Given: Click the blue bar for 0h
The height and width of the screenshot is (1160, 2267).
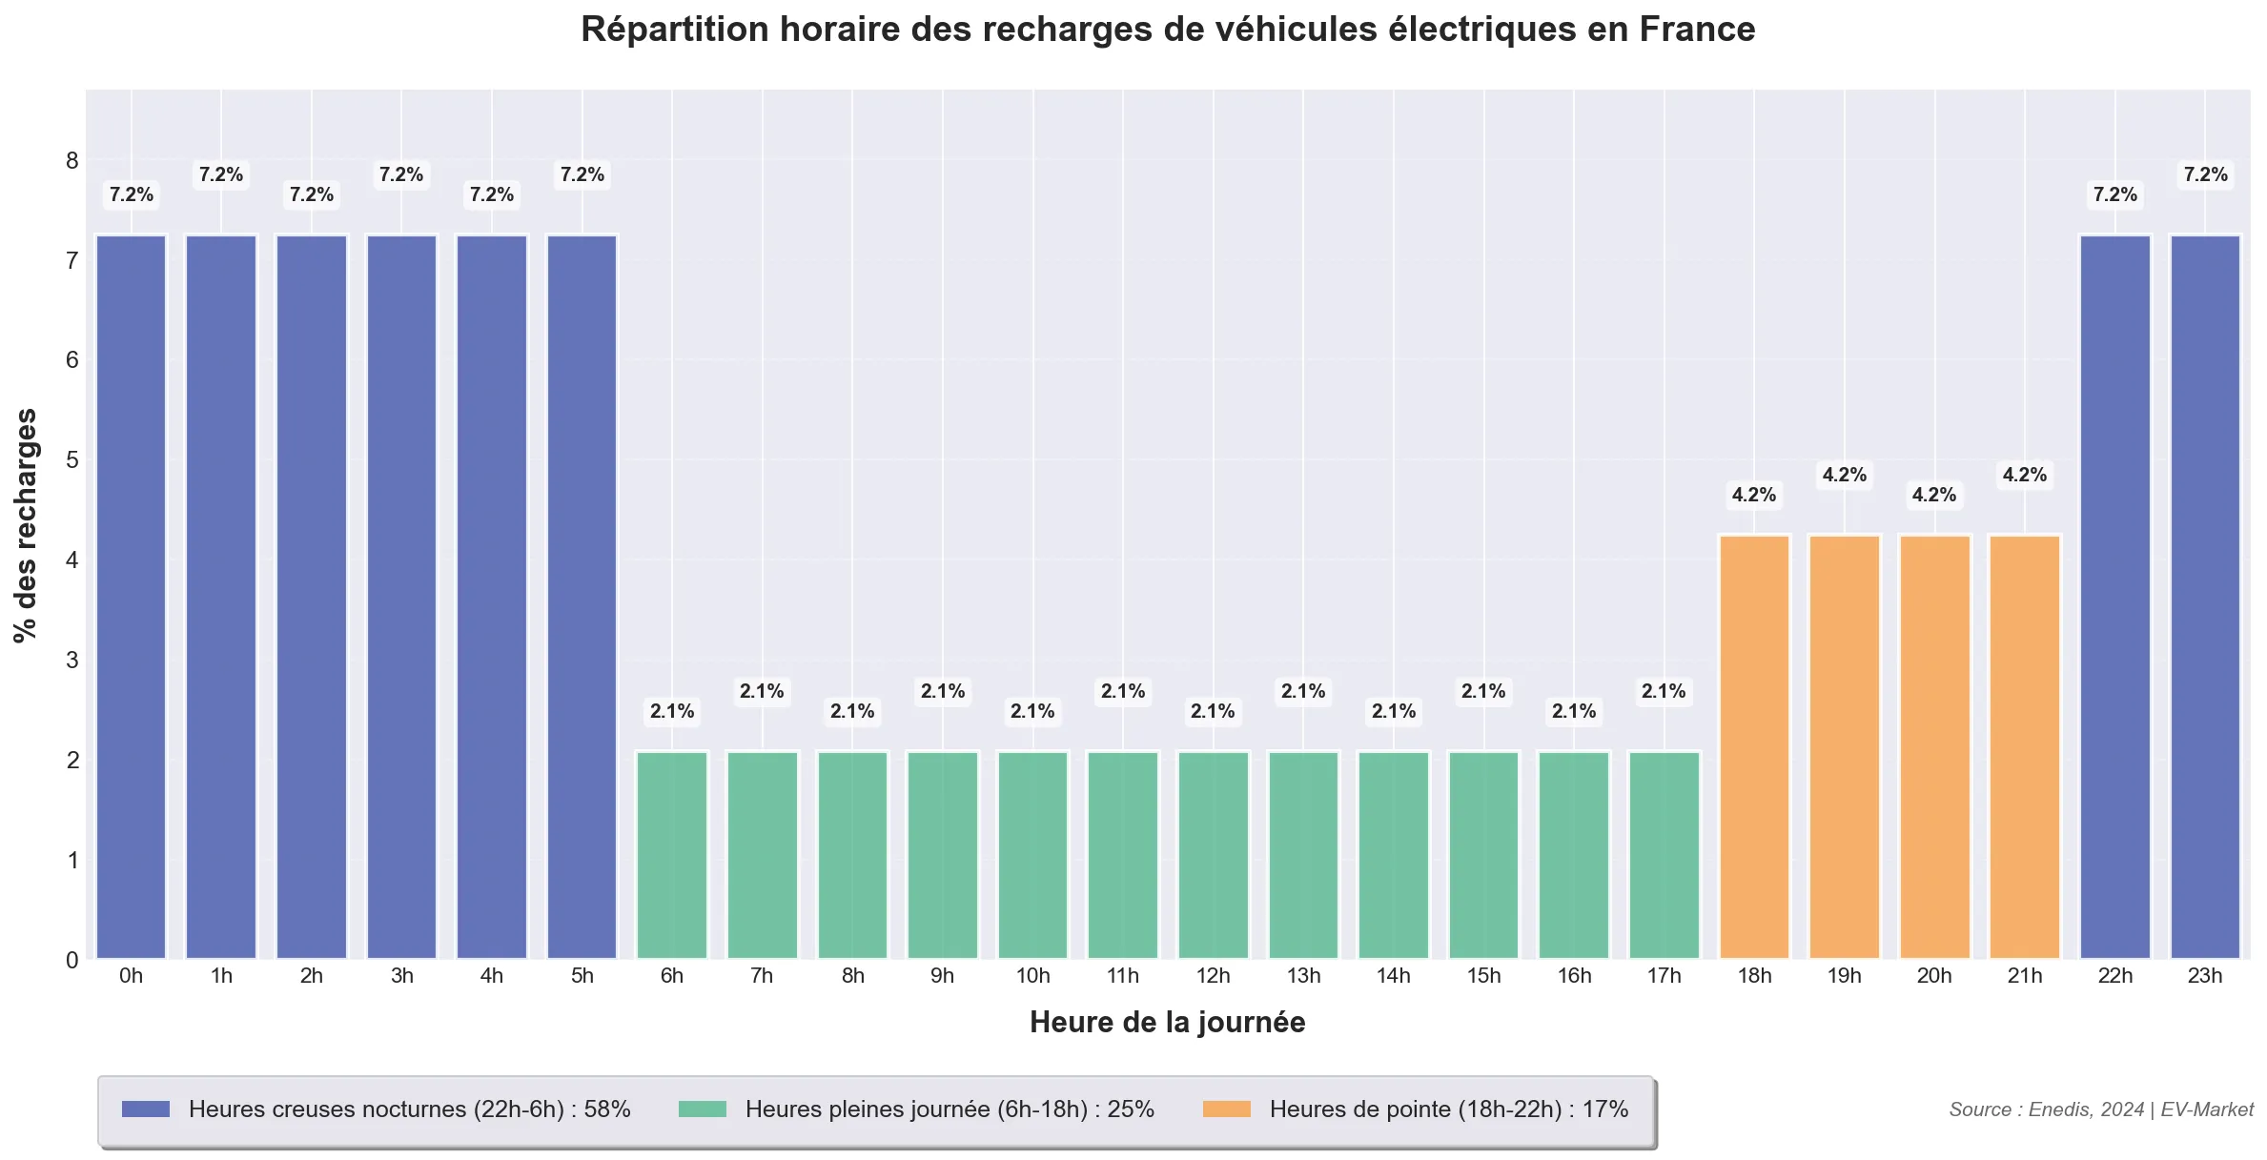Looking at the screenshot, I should click(x=131, y=597).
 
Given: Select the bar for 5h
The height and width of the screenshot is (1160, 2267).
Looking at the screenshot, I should click(x=582, y=597).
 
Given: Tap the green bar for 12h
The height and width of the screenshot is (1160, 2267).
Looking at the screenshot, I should click(x=1213, y=855).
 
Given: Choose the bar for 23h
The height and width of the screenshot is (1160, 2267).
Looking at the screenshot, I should click(x=2205, y=597).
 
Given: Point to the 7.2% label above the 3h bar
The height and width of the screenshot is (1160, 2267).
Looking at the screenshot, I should click(x=401, y=174).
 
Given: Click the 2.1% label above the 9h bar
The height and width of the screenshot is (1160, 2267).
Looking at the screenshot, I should click(x=943, y=691).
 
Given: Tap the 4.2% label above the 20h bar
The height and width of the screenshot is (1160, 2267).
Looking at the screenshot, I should click(x=1934, y=495).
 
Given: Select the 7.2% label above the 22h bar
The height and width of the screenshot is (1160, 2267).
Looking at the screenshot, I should click(x=2114, y=194).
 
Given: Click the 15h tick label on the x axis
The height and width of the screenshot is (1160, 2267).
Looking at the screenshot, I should click(x=1483, y=976).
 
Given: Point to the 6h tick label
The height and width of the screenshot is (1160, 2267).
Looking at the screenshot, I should click(x=672, y=976).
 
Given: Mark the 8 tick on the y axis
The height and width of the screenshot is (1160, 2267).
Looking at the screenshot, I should click(x=72, y=160).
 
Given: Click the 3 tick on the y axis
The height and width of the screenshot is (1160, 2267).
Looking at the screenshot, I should click(x=72, y=660).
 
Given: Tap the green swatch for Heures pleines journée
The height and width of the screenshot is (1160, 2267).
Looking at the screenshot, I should click(x=703, y=1109).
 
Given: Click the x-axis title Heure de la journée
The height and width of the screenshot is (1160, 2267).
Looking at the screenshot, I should click(x=1167, y=1023).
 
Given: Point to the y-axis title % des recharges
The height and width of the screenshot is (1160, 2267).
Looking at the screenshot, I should click(x=26, y=525).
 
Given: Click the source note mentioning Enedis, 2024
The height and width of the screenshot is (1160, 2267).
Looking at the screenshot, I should click(x=2100, y=1109).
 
